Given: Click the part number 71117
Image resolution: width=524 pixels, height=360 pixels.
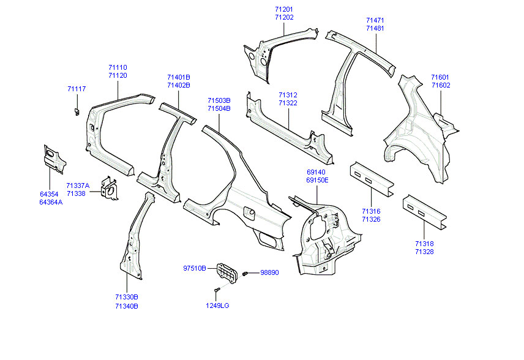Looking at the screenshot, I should tap(77, 89).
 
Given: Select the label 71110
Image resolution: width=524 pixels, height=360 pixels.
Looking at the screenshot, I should tap(118, 67).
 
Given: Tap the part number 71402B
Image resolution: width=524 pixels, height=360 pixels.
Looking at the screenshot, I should tap(178, 86).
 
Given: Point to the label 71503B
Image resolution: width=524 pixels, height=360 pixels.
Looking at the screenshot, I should tap(219, 100).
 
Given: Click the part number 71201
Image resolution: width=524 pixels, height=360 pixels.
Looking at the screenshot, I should tap(284, 10).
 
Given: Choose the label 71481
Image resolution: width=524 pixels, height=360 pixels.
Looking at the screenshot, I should tap(375, 29).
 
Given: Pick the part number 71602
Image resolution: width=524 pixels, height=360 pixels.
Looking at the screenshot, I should tap(440, 86).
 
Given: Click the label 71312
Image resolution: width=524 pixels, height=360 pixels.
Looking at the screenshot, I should tap(288, 96).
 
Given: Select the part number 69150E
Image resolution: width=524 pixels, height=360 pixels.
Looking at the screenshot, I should tap(317, 181).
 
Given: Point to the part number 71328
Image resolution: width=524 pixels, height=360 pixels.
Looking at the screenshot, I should tap(424, 252).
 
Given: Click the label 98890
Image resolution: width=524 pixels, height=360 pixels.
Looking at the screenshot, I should tap(269, 272).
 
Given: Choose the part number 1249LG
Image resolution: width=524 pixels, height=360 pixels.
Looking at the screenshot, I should tap(217, 306).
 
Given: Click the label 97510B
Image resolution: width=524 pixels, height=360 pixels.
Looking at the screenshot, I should tap(195, 268).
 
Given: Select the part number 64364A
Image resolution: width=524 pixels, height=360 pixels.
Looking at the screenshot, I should tap(51, 202).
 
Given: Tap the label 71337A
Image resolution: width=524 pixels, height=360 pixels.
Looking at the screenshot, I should tap(78, 186).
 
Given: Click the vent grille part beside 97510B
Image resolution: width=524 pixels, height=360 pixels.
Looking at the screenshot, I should tap(227, 272).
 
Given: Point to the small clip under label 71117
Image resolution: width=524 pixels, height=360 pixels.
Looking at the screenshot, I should tap(77, 111).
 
